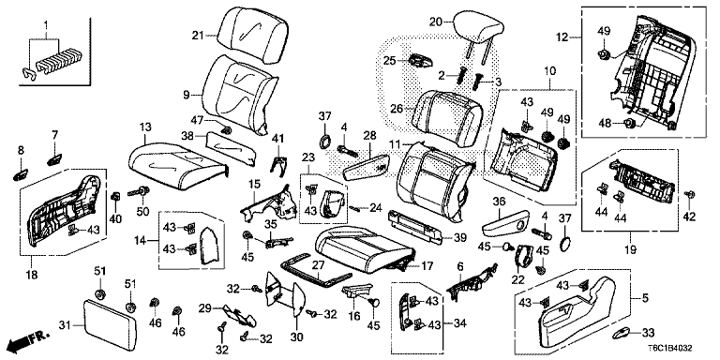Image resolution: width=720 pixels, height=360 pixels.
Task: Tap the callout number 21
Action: coord(198,36)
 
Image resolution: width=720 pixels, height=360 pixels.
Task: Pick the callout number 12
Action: coord(563,37)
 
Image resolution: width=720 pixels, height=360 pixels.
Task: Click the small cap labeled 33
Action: coord(622,333)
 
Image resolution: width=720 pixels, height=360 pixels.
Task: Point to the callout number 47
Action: coord(198,119)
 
